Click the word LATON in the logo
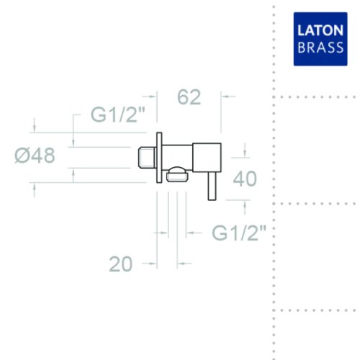click(x=320, y=30)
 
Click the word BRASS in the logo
click(x=320, y=48)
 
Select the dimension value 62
click(x=189, y=97)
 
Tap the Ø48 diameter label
click(x=35, y=156)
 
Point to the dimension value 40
click(x=245, y=179)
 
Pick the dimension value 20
click(x=120, y=264)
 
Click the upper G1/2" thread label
click(x=118, y=114)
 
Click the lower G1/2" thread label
click(x=239, y=233)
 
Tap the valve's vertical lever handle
click(x=212, y=186)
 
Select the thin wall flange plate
click(x=159, y=158)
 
